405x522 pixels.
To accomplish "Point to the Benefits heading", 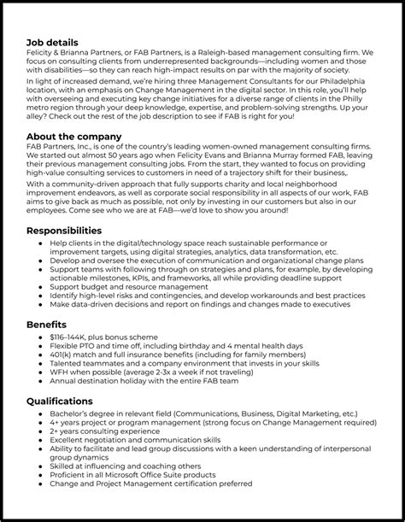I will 47,325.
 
